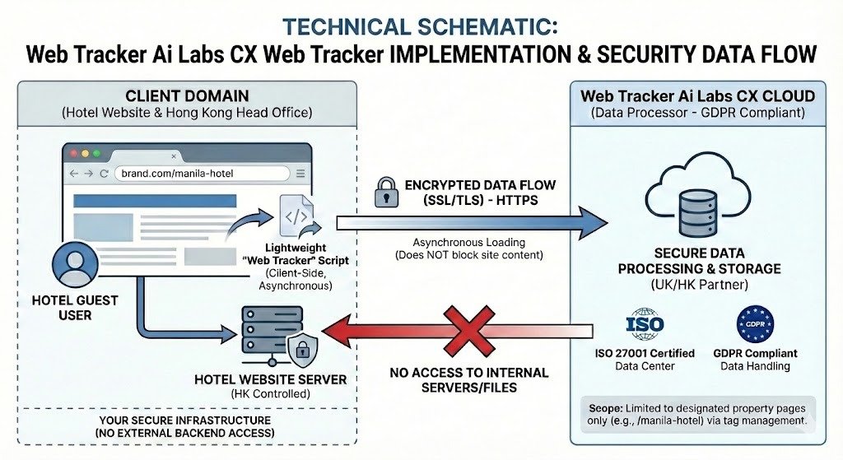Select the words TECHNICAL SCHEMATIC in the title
[421, 26]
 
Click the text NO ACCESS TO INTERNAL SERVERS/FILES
[468, 379]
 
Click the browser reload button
[104, 174]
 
